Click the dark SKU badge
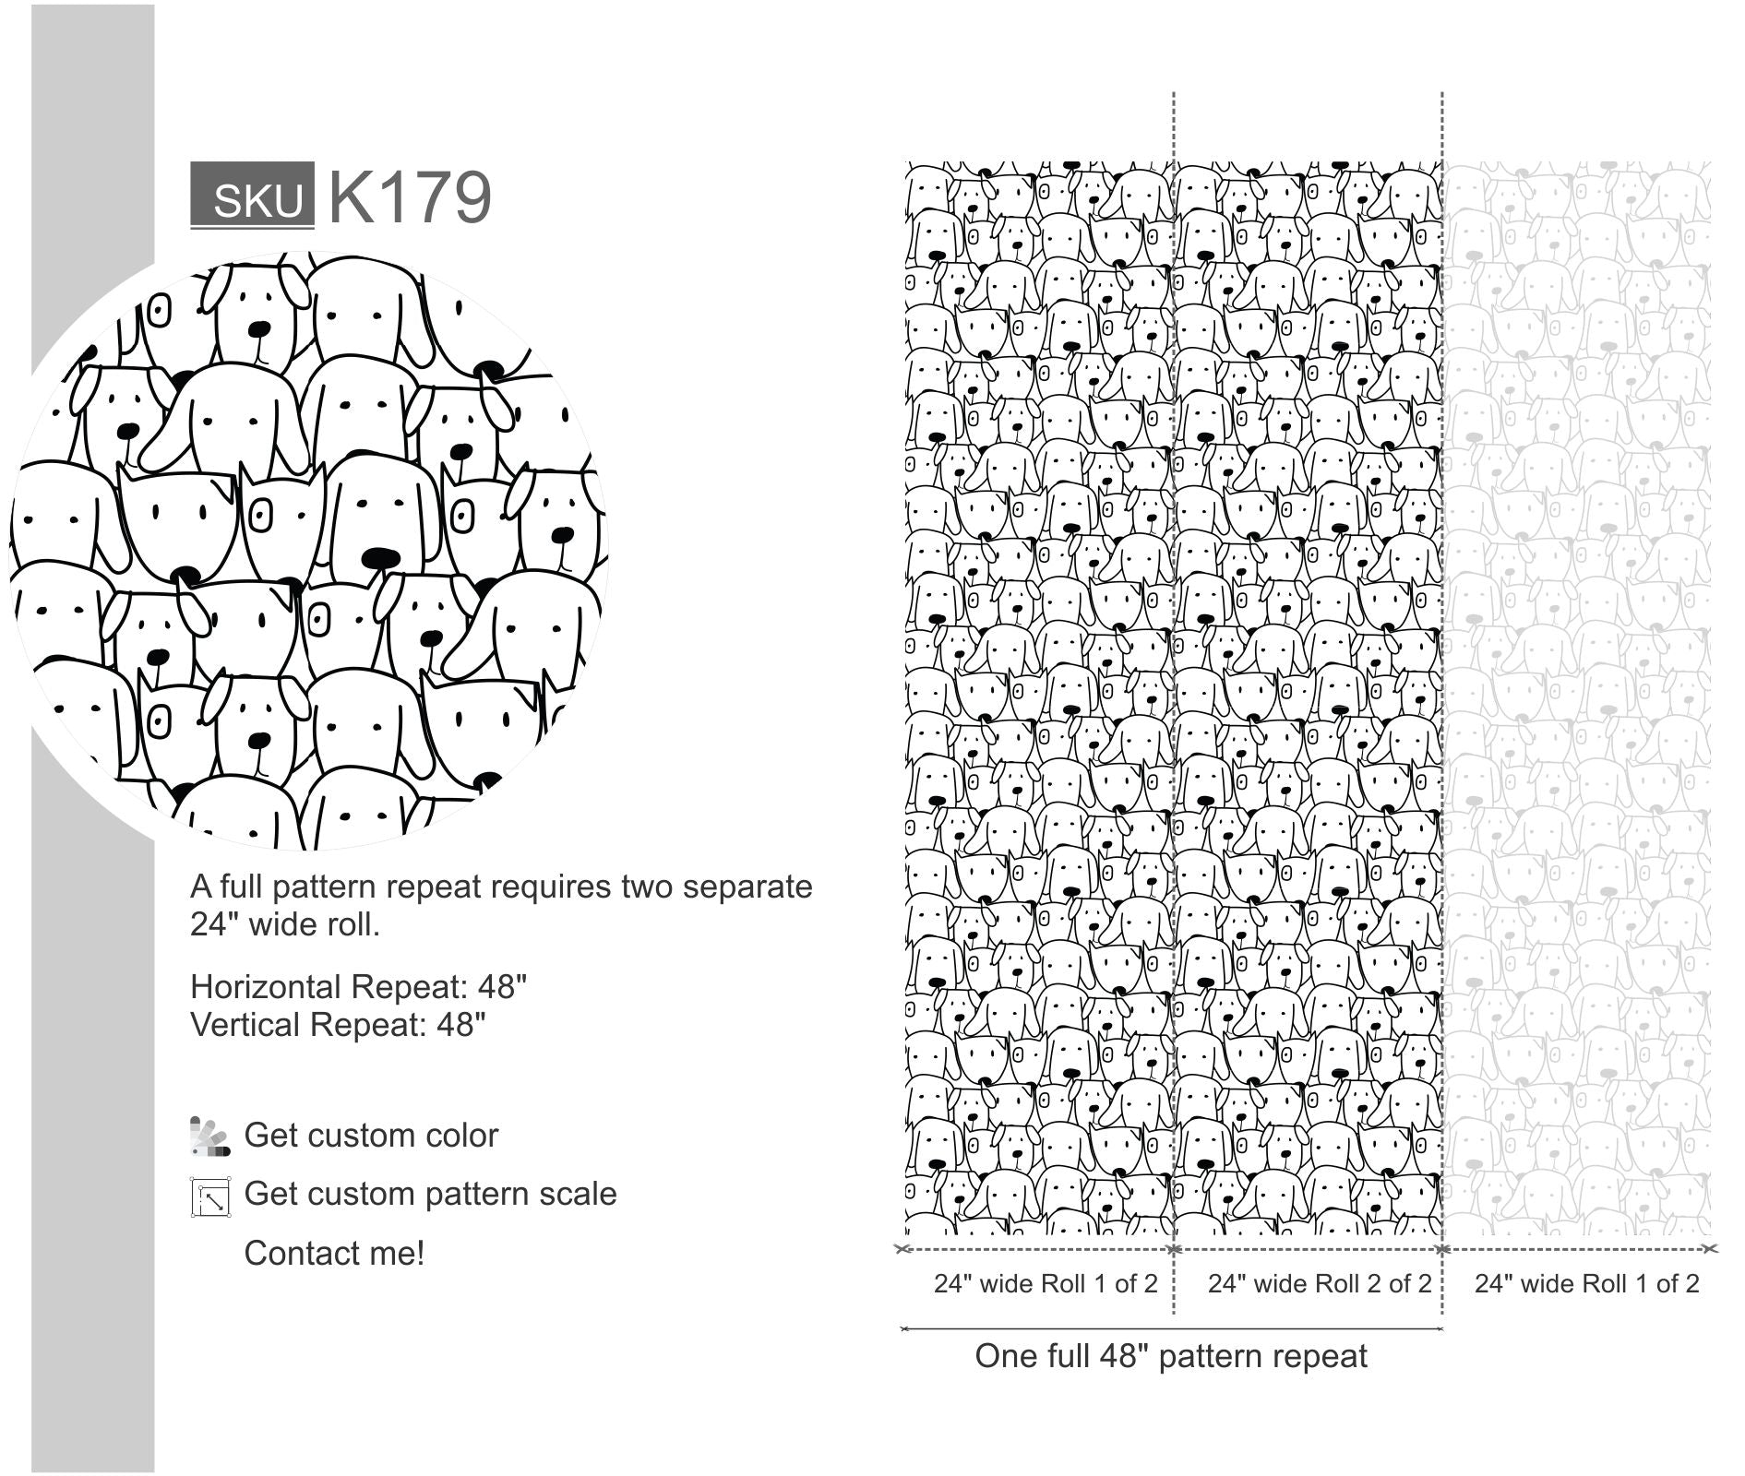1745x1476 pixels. tap(252, 196)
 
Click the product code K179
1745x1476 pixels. tap(410, 196)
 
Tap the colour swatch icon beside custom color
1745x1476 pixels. tap(209, 1137)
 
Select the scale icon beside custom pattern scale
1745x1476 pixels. tap(210, 1196)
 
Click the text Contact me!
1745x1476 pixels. tap(334, 1253)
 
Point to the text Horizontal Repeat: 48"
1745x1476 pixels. tap(358, 987)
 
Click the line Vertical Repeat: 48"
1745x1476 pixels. tap(338, 1025)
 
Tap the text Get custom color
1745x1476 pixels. tap(371, 1136)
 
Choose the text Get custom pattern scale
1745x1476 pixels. tap(430, 1194)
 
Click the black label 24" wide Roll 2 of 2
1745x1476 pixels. tap(1320, 1283)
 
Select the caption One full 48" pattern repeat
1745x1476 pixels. tap(1171, 1356)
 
